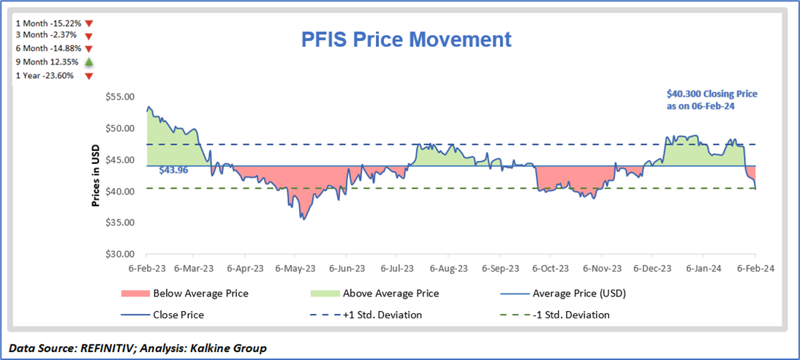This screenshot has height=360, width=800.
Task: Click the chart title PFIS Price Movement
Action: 407,40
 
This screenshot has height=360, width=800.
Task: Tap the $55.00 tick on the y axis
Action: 120,97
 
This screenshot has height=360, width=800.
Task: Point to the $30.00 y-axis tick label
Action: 120,255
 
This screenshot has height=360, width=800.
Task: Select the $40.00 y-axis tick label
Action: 120,192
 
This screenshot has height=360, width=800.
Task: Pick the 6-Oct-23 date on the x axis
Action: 551,269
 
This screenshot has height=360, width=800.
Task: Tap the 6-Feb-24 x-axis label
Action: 756,269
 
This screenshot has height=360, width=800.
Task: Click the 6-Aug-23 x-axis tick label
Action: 449,269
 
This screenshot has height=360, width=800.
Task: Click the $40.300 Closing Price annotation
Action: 712,100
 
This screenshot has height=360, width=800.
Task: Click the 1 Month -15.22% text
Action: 48,22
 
